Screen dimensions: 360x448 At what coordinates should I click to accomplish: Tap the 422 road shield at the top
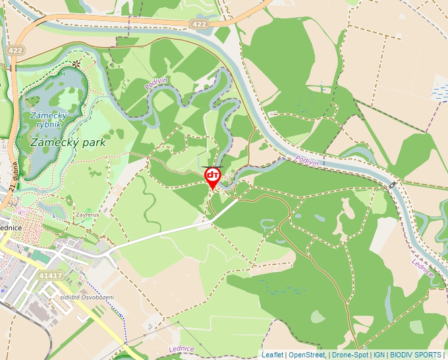[200, 24]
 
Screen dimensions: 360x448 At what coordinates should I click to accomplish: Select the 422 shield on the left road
[15, 50]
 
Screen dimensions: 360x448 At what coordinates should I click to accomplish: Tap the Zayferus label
[88, 215]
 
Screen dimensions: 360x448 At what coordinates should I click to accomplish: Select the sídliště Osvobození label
[86, 297]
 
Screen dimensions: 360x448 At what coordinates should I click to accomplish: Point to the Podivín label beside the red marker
[307, 161]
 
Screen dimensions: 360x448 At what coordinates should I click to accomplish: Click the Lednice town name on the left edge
[11, 227]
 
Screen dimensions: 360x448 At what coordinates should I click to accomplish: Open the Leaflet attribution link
[272, 355]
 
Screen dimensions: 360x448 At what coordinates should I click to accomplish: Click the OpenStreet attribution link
[306, 355]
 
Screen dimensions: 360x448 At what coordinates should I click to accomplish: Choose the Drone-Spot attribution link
[349, 355]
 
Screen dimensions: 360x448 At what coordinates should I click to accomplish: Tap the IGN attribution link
[379, 355]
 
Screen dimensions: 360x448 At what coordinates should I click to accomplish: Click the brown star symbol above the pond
[76, 64]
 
